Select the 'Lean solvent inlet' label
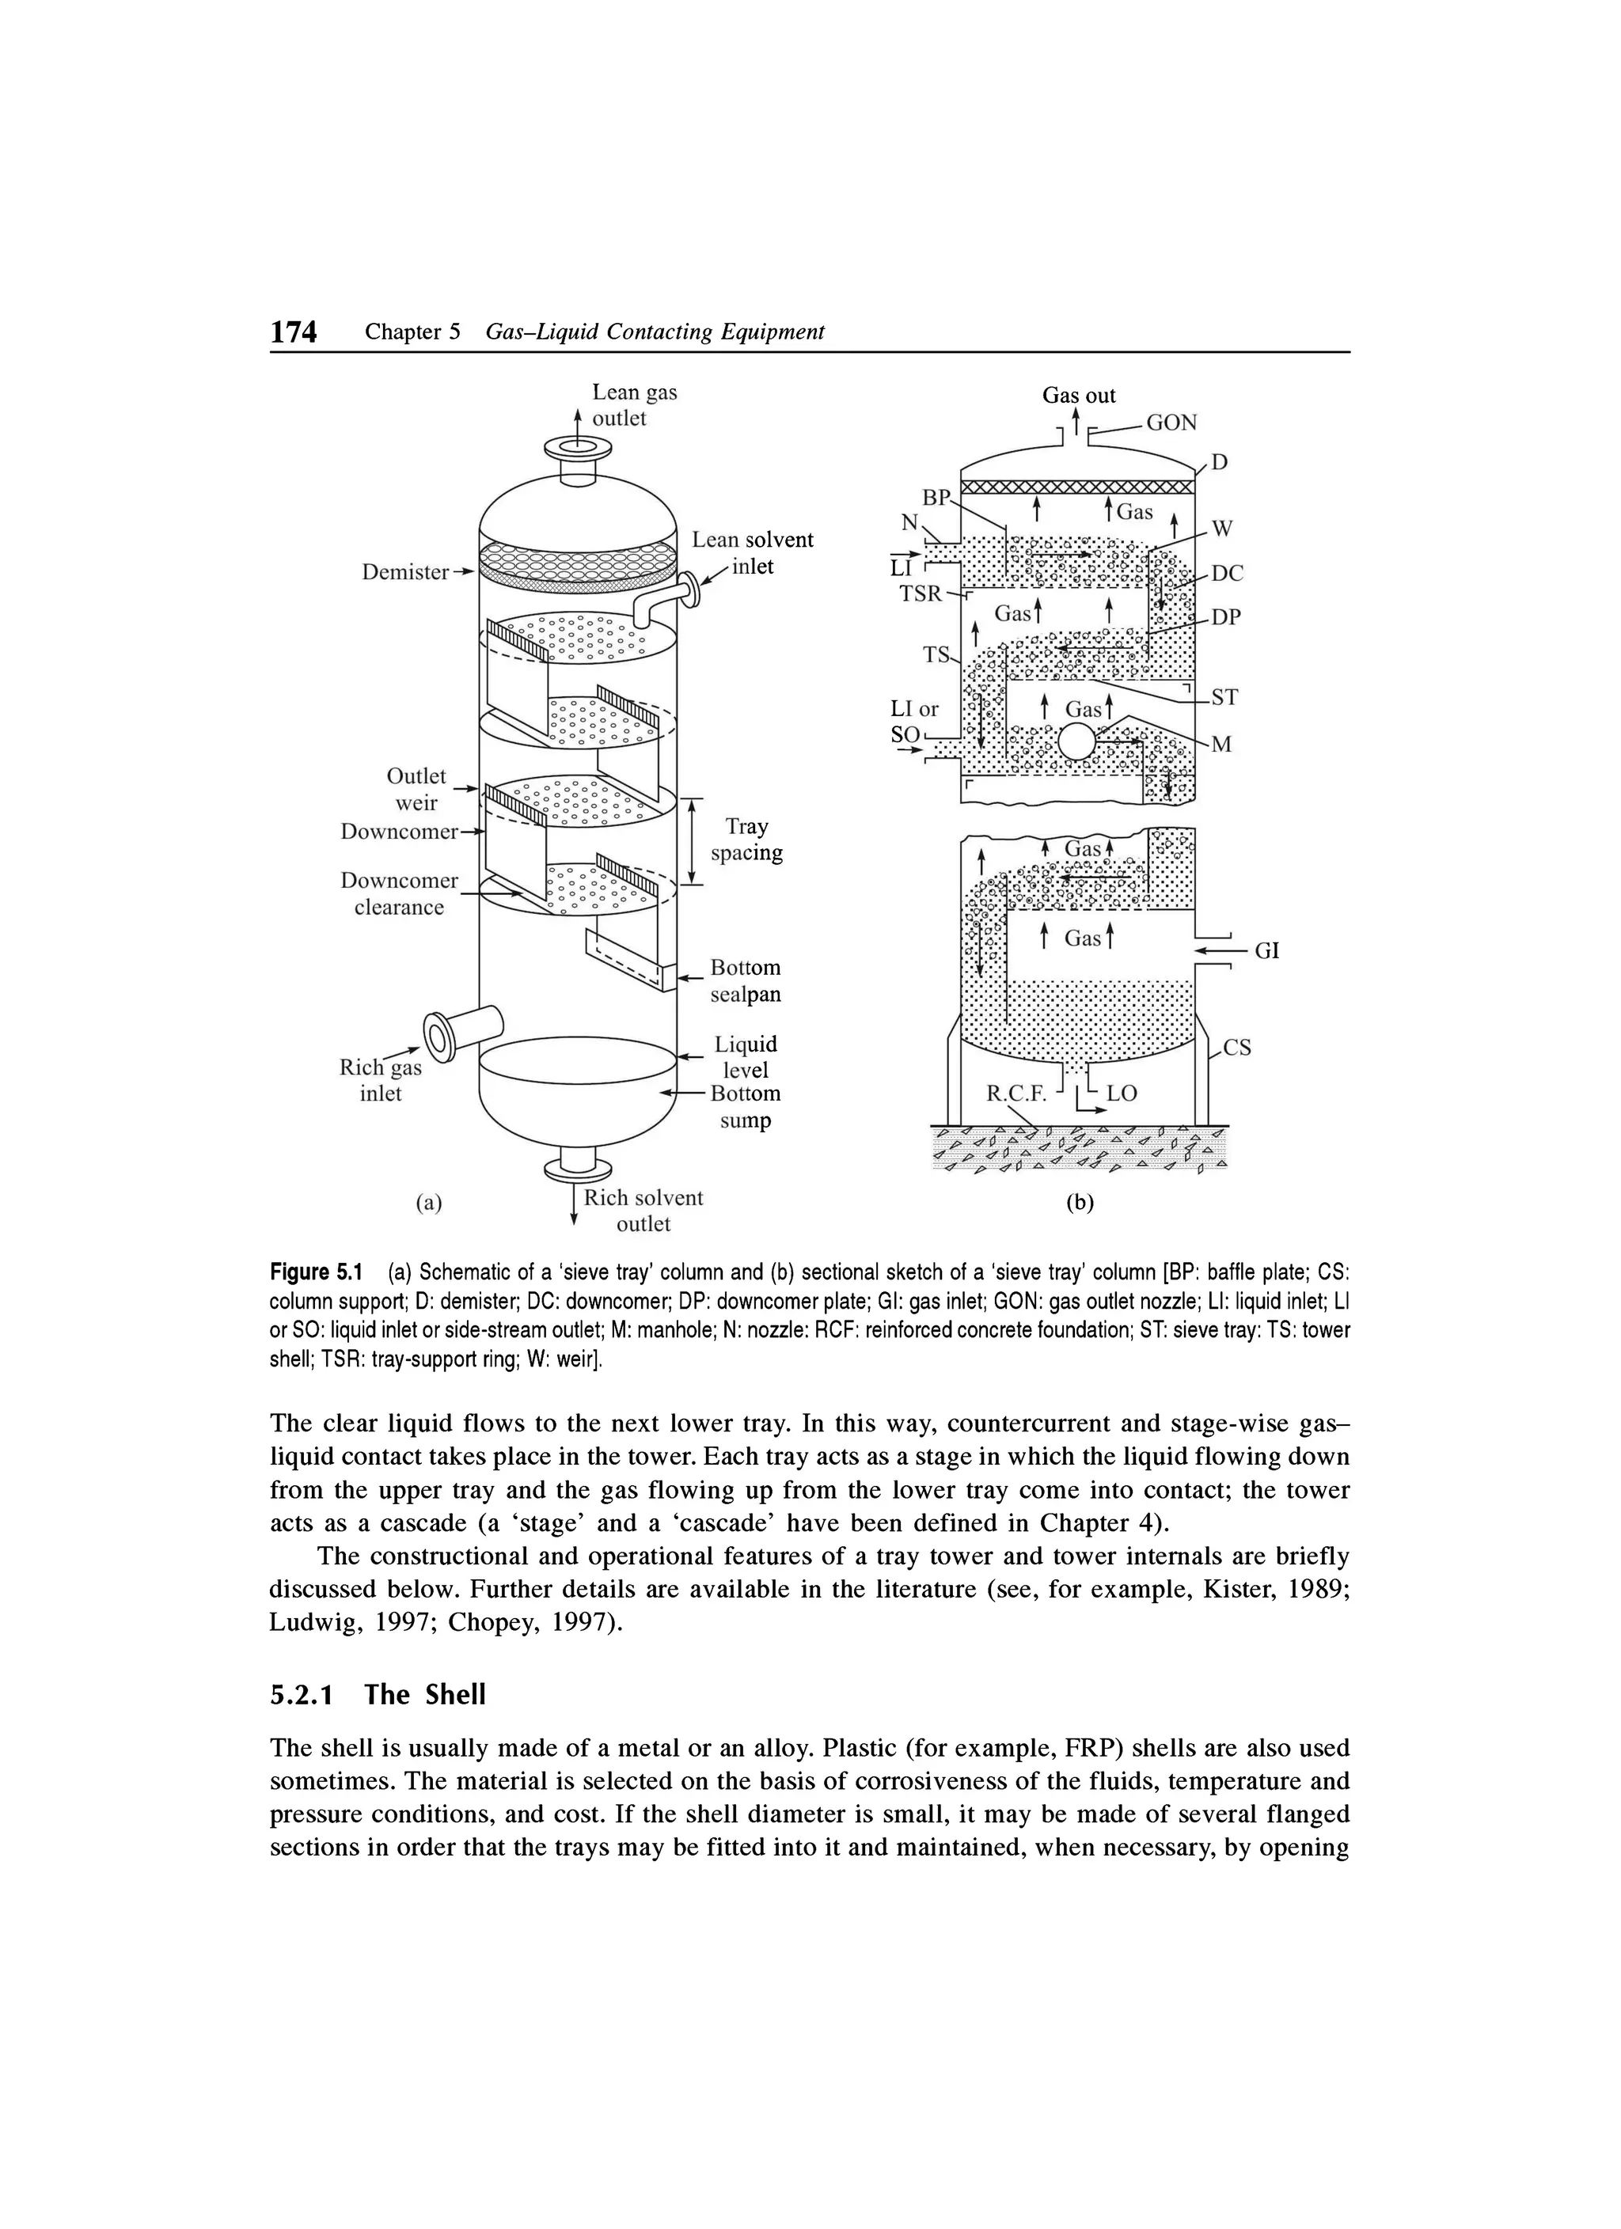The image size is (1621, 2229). (752, 553)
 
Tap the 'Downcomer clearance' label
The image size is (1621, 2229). (399, 893)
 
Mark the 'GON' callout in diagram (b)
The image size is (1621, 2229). (1171, 423)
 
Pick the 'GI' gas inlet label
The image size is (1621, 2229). (1267, 950)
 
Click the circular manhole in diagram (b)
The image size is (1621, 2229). (1076, 742)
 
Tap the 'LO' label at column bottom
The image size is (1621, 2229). (1122, 1093)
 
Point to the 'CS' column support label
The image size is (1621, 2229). (1236, 1048)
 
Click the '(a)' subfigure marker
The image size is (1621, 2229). (428, 1202)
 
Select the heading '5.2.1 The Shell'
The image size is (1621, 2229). (378, 1694)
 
